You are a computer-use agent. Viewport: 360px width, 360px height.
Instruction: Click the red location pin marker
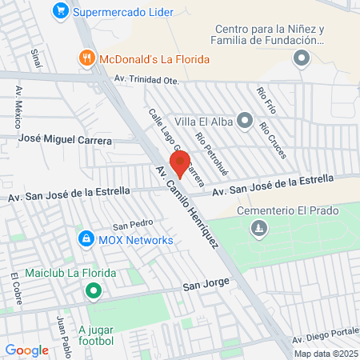pos(180,162)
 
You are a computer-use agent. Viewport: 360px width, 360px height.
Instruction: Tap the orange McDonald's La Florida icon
pos(86,58)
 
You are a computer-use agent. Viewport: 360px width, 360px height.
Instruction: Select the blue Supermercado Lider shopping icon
pos(60,12)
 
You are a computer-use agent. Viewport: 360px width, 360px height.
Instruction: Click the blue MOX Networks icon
pos(86,239)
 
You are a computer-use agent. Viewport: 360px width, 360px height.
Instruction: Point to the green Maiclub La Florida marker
pos(94,290)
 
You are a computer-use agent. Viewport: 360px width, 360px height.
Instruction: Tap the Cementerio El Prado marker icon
pos(258,230)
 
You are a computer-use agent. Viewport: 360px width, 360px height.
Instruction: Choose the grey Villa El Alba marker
pos(245,122)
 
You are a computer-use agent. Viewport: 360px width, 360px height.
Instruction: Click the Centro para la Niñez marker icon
pos(301,58)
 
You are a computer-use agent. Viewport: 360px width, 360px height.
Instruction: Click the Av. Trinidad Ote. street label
pos(148,79)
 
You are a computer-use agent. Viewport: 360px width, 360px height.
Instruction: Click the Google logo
pos(27,350)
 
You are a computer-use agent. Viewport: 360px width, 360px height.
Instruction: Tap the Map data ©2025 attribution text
pos(325,354)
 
